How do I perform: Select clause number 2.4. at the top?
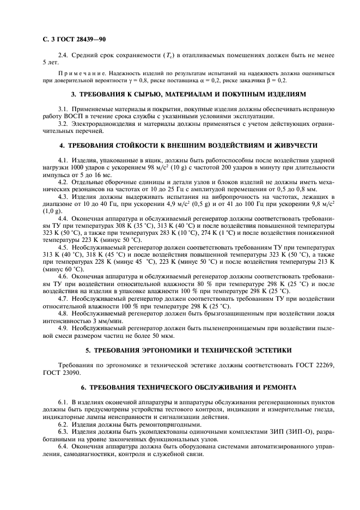[x=64, y=55]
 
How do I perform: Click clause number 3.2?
[x=64, y=125]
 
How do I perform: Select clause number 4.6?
[x=64, y=276]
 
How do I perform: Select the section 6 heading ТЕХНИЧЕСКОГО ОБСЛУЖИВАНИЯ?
[x=183, y=387]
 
